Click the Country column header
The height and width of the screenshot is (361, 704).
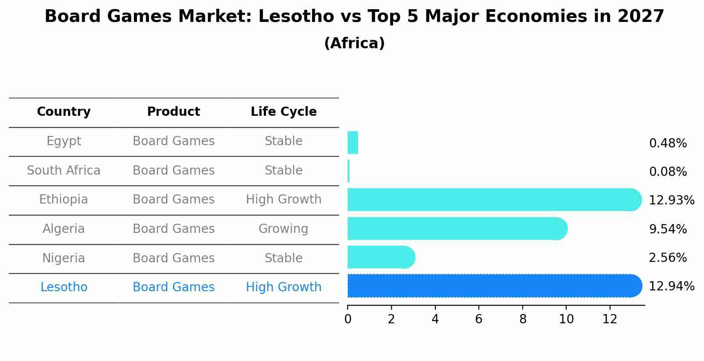pyautogui.click(x=64, y=112)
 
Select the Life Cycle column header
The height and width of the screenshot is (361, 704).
pyautogui.click(x=284, y=112)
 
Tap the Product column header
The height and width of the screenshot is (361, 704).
pyautogui.click(x=173, y=112)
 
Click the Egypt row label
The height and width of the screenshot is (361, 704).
pyautogui.click(x=64, y=141)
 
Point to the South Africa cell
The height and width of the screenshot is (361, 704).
pyautogui.click(x=64, y=170)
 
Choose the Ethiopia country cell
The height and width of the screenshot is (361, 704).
pyautogui.click(x=64, y=200)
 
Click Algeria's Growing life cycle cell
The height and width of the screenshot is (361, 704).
pyautogui.click(x=284, y=229)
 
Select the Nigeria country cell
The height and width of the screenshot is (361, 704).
pyautogui.click(x=64, y=258)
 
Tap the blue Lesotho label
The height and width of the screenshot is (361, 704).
pyautogui.click(x=64, y=287)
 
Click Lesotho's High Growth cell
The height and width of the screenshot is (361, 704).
pyautogui.click(x=284, y=287)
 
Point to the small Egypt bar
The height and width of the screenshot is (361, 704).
pyautogui.click(x=353, y=143)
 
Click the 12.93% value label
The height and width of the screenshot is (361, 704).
pyautogui.click(x=672, y=200)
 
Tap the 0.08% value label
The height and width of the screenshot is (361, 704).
pyautogui.click(x=668, y=172)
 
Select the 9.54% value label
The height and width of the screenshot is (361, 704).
pyautogui.click(x=668, y=229)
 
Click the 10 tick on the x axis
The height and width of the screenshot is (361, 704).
pyautogui.click(x=566, y=319)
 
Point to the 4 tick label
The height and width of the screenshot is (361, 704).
pyautogui.click(x=435, y=319)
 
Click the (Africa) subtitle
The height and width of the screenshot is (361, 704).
pyautogui.click(x=354, y=43)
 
